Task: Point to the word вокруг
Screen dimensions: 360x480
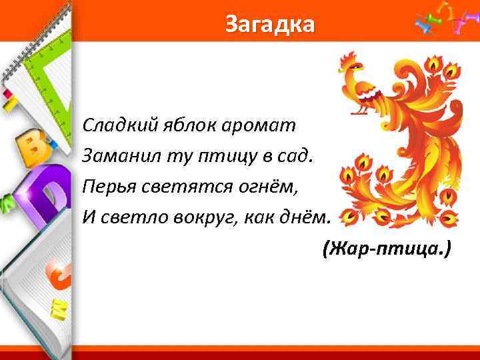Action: click(200, 217)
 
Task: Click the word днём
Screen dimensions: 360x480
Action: click(303, 217)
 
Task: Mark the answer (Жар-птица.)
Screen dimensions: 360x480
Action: click(386, 249)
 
